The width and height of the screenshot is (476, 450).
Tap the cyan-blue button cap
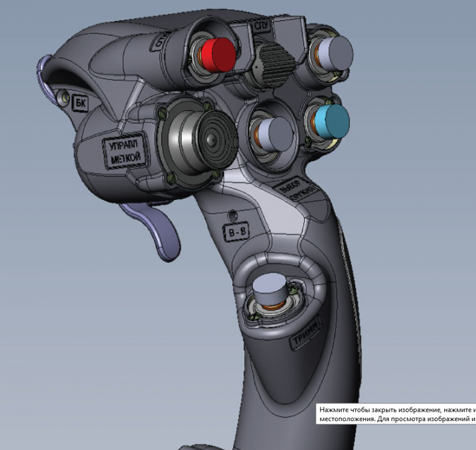coord(331,121)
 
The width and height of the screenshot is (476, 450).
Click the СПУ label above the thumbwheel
coord(261,28)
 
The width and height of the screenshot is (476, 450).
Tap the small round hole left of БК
coord(64,97)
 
